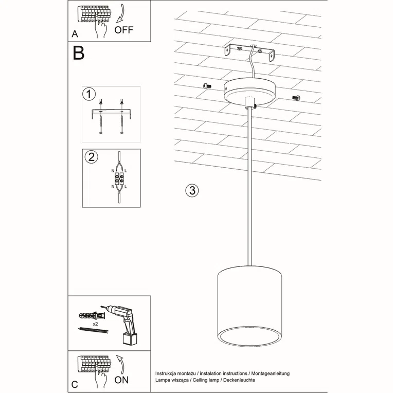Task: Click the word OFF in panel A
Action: coord(123,29)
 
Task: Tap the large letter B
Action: coord(79,53)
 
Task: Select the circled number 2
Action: coord(90,157)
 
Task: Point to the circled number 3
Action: coord(191,190)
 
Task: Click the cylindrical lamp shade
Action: coord(250,309)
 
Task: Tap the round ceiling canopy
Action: coord(251,91)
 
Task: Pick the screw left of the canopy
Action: coord(207,85)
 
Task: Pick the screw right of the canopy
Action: coord(296,97)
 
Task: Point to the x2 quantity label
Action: coord(96,325)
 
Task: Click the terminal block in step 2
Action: coord(119,180)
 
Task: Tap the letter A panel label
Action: coord(76,34)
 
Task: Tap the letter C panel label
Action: coord(75,384)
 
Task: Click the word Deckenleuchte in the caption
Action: coord(238,379)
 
